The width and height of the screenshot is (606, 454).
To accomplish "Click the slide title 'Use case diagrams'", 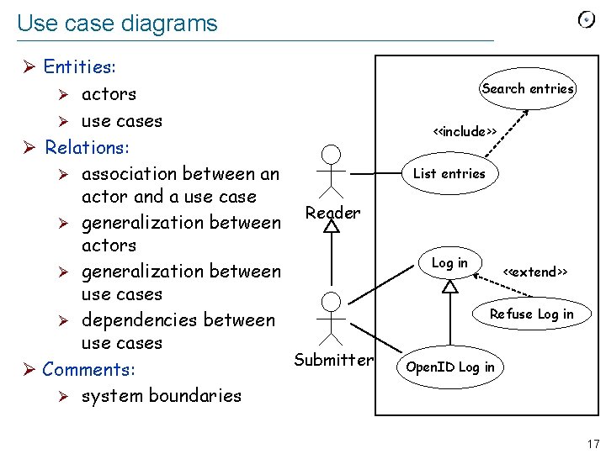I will coord(117,24).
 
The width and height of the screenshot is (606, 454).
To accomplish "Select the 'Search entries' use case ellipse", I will coord(528,88).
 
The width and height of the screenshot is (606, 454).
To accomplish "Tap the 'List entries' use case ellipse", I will coord(449,173).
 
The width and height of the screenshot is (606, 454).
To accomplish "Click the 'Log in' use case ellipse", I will coord(449,263).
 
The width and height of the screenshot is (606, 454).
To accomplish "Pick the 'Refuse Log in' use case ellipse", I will coord(531,314).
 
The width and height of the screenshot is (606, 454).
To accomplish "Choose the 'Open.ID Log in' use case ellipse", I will coord(450,367).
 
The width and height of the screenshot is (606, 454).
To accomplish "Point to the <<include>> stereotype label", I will coord(464,131).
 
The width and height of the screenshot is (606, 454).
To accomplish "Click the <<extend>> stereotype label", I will coord(534,272).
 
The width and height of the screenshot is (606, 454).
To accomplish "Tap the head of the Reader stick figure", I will coord(332,154).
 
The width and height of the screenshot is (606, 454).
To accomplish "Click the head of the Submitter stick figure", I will coord(332,302).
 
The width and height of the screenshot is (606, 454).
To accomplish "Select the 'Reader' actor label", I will coord(332,213).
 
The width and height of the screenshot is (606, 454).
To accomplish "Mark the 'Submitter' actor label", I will coord(333,360).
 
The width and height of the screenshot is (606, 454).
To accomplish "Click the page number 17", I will coord(593,444).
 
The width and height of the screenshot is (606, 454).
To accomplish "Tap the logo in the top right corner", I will coord(587,20).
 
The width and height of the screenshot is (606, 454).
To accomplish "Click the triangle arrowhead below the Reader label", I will coord(332,226).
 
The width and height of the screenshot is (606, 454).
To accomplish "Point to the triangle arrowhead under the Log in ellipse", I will coord(450,286).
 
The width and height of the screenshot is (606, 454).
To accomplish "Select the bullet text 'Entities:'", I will coord(80,66).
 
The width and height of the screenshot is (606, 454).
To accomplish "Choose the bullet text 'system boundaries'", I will coord(161,395).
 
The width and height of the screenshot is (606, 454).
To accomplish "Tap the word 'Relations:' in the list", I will coord(87,147).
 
